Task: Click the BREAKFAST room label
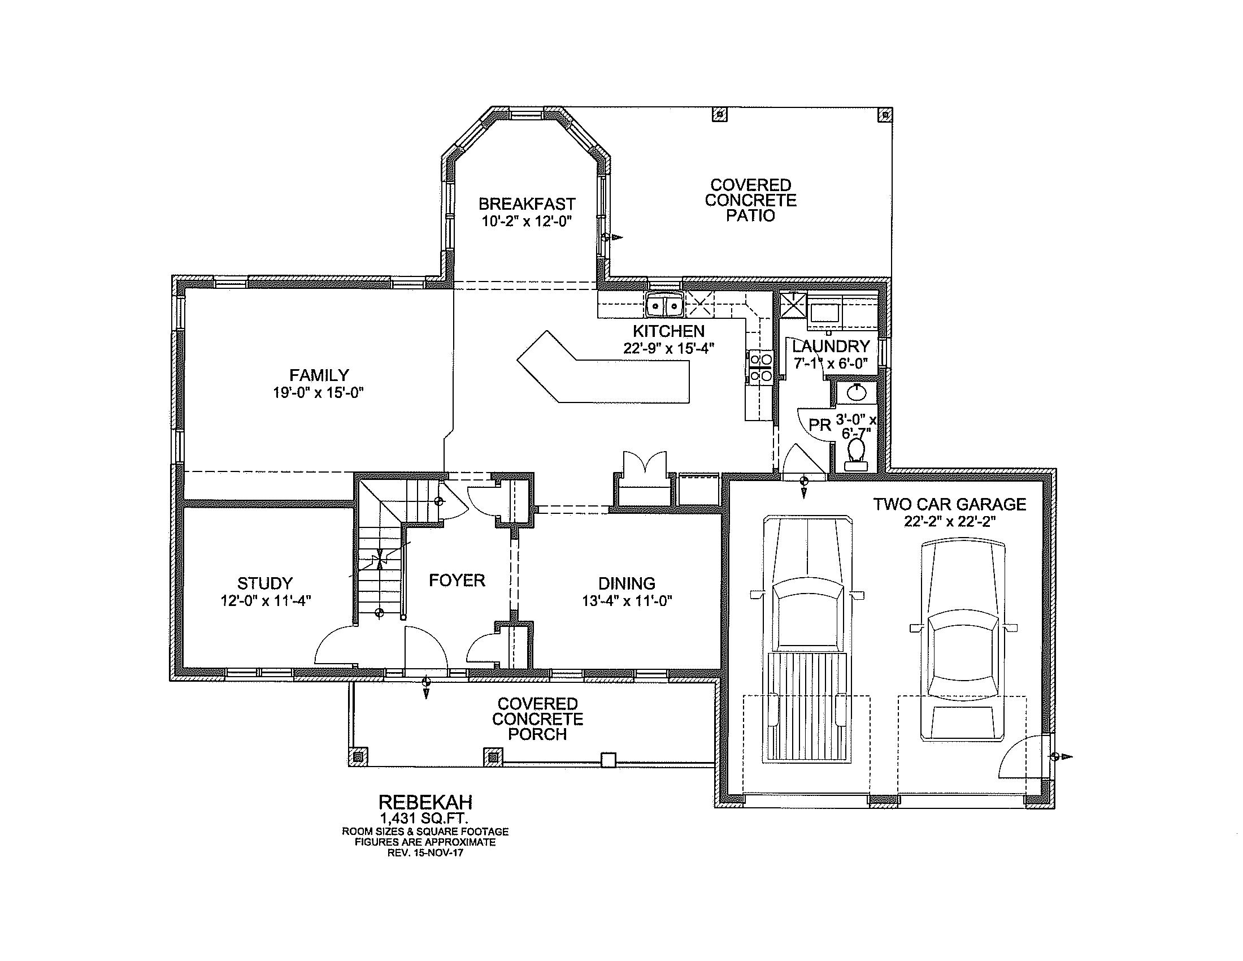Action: [527, 204]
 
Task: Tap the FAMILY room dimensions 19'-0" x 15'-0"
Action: [318, 393]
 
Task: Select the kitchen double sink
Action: [665, 306]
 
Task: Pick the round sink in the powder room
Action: [856, 392]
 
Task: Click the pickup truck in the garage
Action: [807, 639]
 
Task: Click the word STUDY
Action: [264, 583]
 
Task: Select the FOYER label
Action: [457, 580]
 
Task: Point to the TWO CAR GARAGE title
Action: [949, 504]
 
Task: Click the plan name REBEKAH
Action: [425, 802]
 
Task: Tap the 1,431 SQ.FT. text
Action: [424, 819]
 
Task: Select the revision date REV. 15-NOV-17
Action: [424, 853]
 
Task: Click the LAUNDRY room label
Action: [831, 345]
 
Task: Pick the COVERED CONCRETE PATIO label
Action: [751, 201]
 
